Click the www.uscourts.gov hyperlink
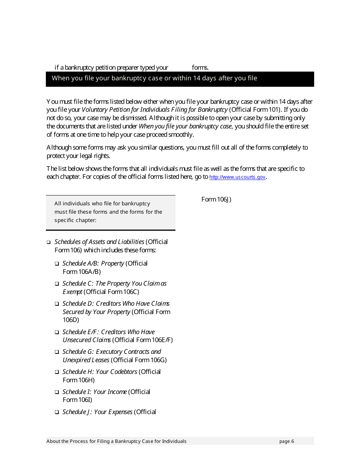237,177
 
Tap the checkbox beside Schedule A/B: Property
56,263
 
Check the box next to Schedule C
56,283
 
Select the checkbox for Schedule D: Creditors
56,303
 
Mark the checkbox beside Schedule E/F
56,332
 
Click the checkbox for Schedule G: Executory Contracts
56,352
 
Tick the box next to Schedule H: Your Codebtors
56,372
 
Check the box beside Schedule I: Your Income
56,392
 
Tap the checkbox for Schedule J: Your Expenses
56,412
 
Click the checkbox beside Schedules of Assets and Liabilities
49,242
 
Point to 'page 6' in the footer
286,441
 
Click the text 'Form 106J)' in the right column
216,199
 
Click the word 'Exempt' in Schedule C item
72,292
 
